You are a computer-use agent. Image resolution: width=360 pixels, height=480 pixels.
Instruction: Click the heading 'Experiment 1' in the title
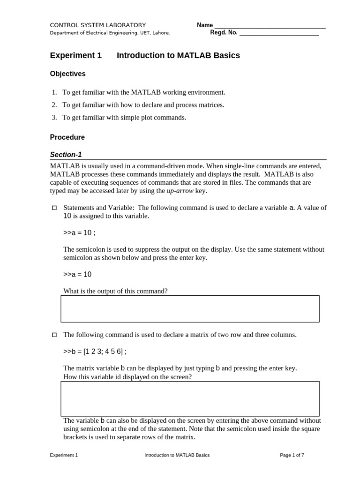(75, 55)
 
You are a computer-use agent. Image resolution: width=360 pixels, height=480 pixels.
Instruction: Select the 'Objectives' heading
(67, 74)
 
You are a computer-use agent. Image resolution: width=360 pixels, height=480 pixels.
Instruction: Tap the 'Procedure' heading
(67, 137)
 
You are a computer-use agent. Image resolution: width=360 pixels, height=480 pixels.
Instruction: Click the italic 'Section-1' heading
(66, 155)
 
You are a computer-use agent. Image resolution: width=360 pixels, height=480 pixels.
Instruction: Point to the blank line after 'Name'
(270, 26)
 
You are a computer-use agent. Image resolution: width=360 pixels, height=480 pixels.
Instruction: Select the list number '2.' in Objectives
(54, 105)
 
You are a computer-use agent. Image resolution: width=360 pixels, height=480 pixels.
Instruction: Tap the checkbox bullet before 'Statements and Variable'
(53, 208)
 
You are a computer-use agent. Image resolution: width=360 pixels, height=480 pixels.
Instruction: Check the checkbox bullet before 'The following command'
(53, 335)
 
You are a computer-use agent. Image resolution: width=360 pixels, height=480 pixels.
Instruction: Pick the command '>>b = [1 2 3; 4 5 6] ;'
(95, 352)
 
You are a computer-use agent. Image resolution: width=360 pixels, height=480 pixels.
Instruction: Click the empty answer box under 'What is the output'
(190, 308)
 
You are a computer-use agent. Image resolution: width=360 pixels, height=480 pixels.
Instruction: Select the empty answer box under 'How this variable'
(190, 398)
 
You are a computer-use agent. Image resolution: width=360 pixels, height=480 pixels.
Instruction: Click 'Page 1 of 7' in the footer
(292, 455)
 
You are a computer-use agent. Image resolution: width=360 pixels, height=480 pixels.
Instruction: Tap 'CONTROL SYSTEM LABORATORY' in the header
(97, 25)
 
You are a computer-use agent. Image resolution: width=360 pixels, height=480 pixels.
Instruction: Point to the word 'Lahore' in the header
(161, 33)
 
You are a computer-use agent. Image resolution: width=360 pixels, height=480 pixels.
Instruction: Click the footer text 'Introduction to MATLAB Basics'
(177, 455)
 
